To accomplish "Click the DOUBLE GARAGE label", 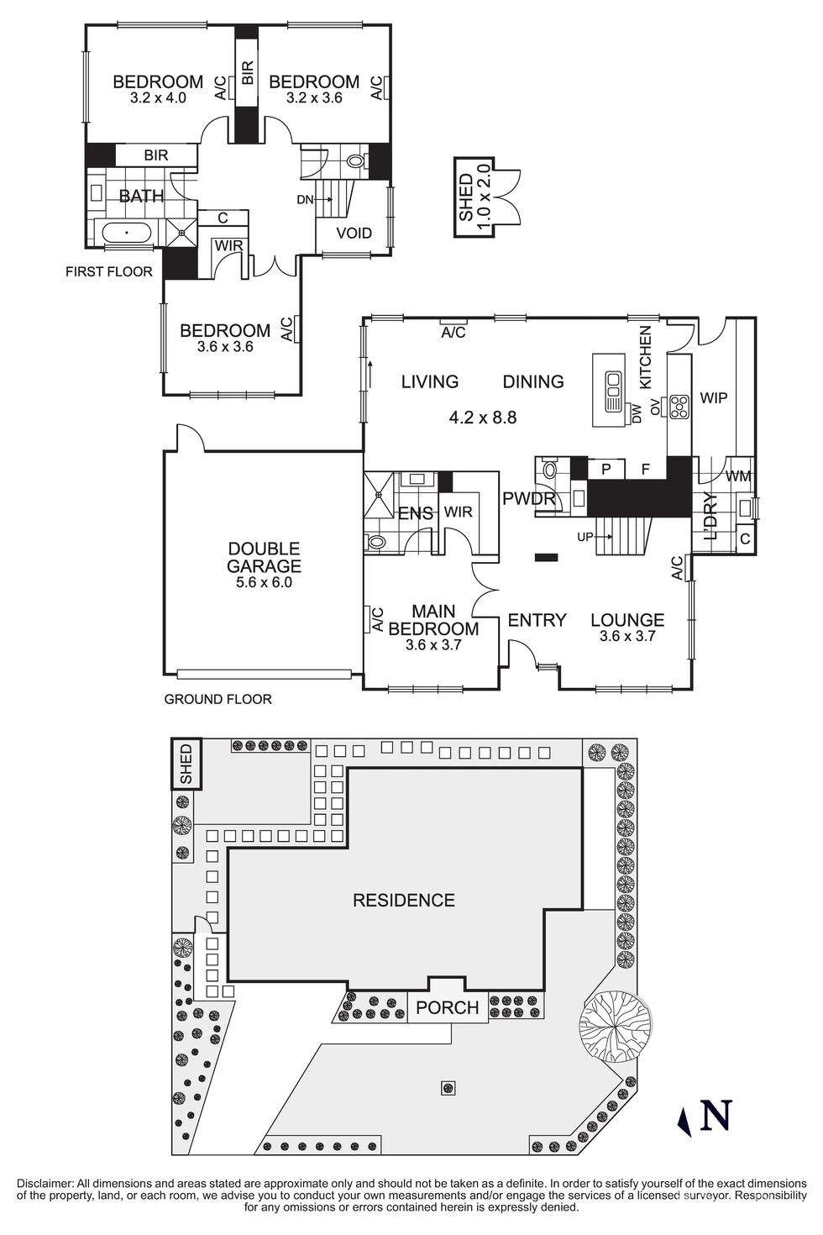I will [x=264, y=557].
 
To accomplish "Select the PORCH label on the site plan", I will [x=447, y=1007].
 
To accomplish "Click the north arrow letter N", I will [x=716, y=1115].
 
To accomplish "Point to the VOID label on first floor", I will [x=354, y=233].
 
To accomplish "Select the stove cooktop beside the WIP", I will [x=677, y=407].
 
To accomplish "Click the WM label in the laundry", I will [x=737, y=476].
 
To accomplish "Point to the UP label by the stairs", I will [x=585, y=536].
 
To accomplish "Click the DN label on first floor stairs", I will [x=305, y=199].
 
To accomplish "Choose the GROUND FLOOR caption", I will [x=218, y=699].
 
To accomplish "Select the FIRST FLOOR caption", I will [x=109, y=271].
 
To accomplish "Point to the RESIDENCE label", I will [x=403, y=900].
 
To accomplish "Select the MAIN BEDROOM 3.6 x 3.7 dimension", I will [x=433, y=645].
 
